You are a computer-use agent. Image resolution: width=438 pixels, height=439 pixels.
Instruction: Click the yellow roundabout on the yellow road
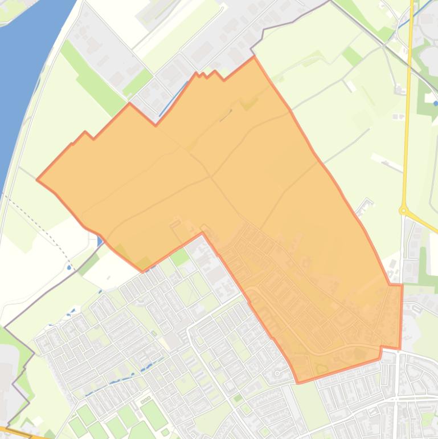(x=403, y=210)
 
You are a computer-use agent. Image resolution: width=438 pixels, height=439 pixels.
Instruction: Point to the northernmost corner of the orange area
(x=253, y=57)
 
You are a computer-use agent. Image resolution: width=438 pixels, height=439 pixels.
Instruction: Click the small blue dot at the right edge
(x=436, y=103)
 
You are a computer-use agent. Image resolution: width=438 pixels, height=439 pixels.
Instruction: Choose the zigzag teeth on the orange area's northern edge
(x=206, y=74)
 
